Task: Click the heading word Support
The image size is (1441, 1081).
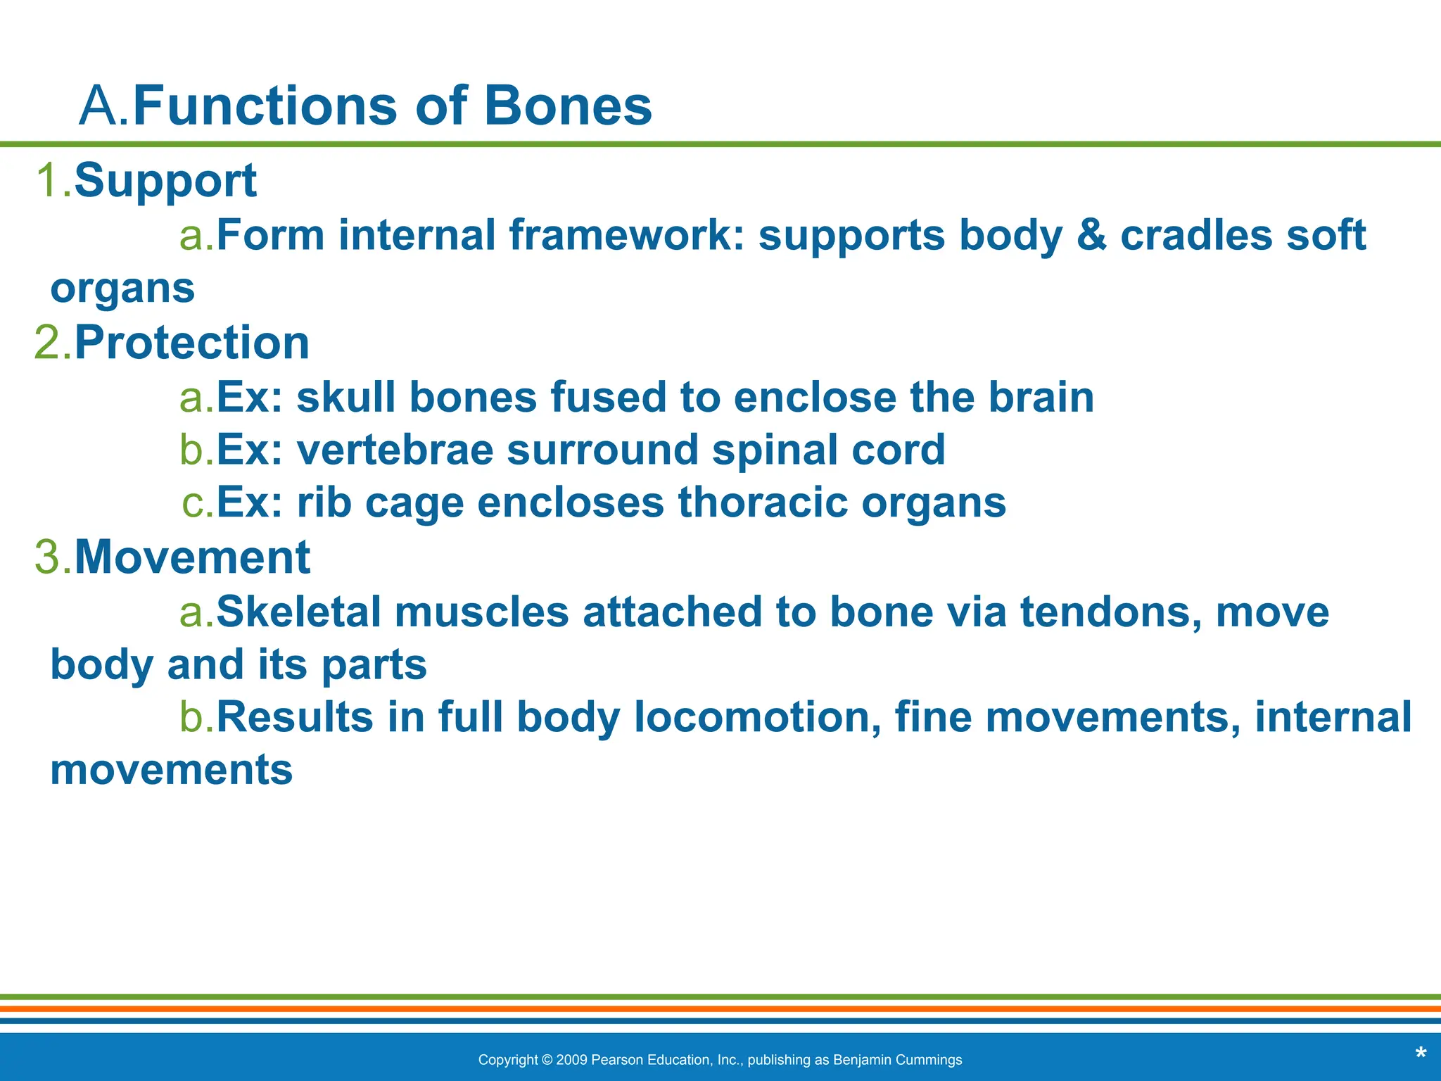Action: [165, 180]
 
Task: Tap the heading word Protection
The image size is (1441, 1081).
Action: [191, 343]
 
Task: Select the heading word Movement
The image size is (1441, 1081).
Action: [191, 557]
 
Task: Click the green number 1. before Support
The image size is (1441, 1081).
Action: [53, 180]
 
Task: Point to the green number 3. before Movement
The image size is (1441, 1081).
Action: [53, 557]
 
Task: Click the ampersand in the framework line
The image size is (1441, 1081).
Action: [1091, 235]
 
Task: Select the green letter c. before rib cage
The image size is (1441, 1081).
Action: [197, 503]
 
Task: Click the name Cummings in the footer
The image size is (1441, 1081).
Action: [930, 1060]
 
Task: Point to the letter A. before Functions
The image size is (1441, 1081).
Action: [104, 106]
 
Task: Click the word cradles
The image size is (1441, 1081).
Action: [1196, 235]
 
